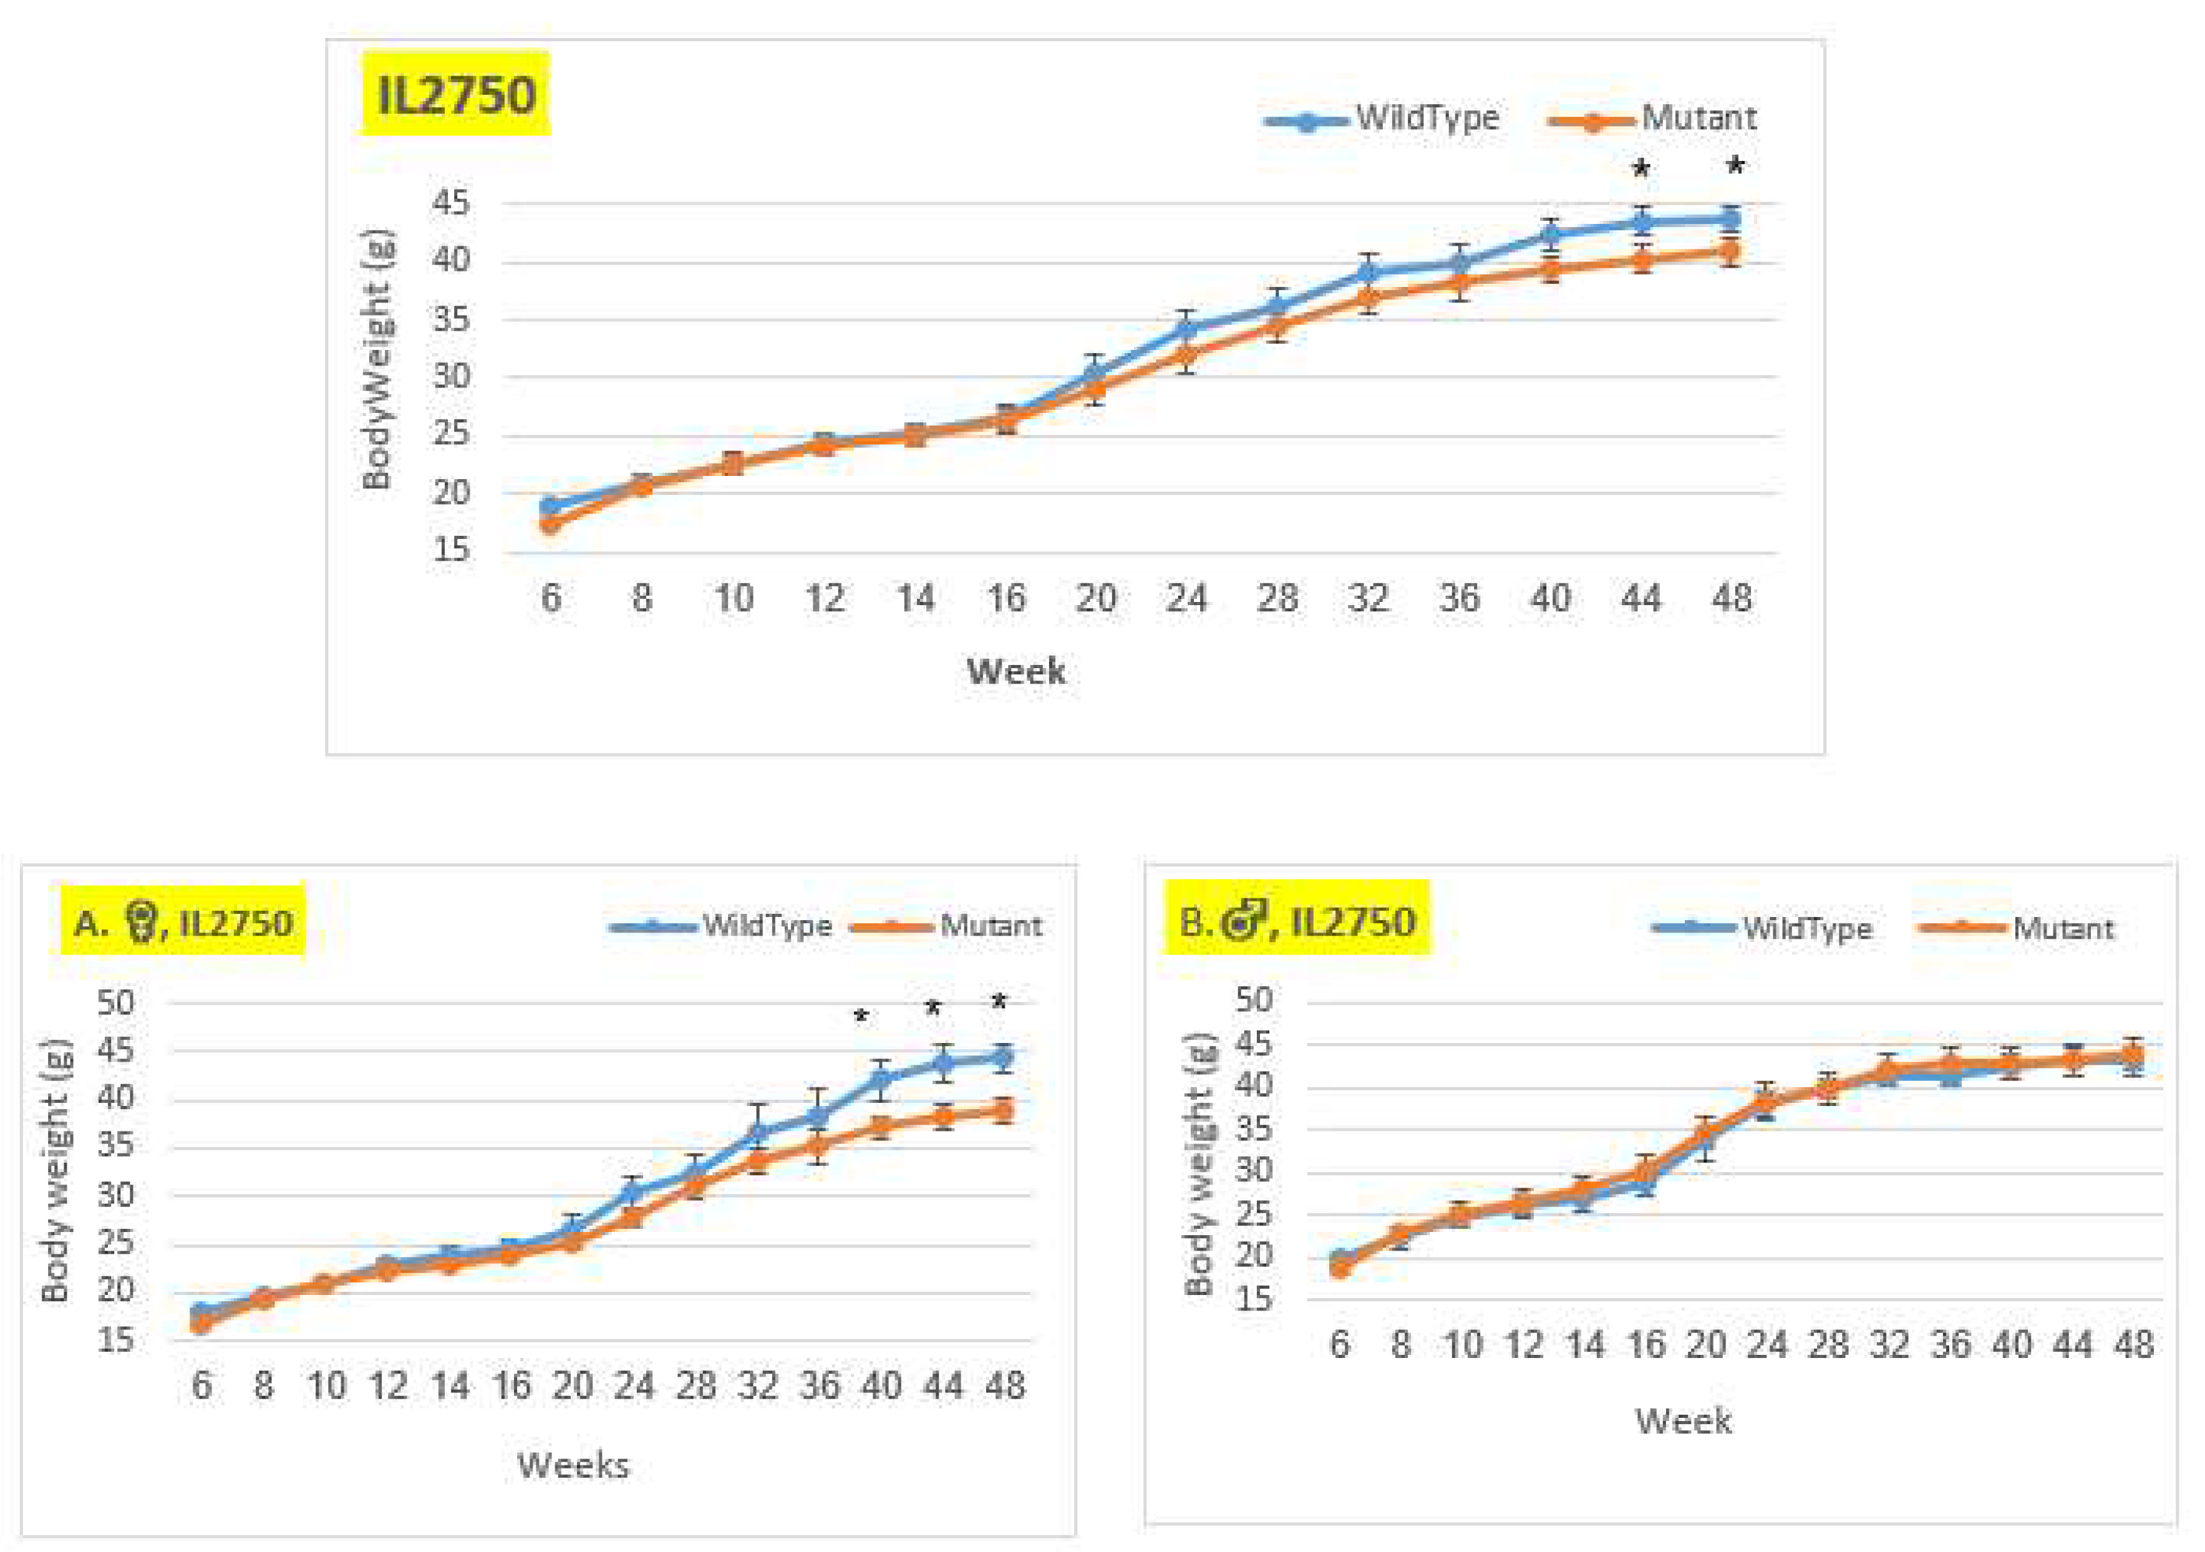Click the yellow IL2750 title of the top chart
455,95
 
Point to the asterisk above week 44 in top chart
1641,171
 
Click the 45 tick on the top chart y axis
452,203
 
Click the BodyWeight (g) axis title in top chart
377,359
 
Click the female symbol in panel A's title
142,923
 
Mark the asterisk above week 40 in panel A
861,1017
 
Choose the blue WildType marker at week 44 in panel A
943,1062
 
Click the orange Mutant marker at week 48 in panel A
1002,1111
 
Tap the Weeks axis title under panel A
573,1465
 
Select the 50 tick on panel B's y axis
1253,1000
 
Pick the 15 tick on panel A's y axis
115,1340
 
